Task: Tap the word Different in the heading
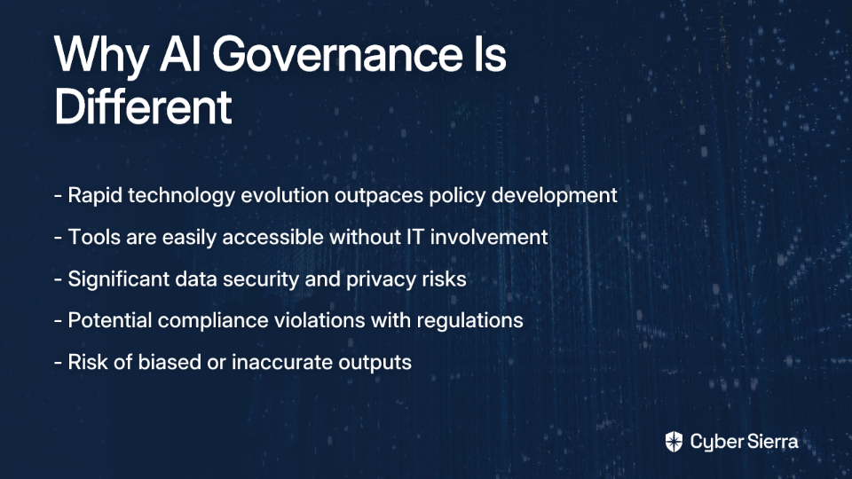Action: click(x=144, y=106)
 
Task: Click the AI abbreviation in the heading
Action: click(x=180, y=54)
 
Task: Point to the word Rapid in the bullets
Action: click(x=95, y=196)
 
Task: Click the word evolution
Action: click(x=285, y=195)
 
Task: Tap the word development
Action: click(x=554, y=196)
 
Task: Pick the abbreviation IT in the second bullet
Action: click(x=415, y=238)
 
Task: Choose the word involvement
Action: click(x=489, y=238)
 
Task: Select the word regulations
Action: click(x=470, y=321)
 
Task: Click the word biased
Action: click(x=170, y=362)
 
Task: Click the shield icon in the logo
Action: click(x=674, y=442)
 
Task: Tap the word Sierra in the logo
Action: click(x=771, y=442)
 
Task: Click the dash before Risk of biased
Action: click(x=59, y=363)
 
